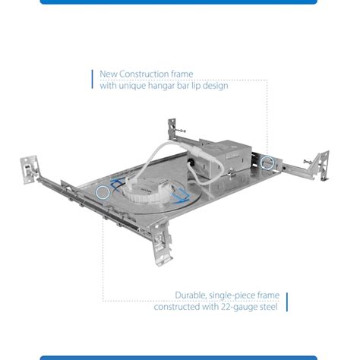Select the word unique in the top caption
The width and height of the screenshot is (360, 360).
click(x=131, y=86)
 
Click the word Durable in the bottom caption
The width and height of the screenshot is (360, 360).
click(x=191, y=295)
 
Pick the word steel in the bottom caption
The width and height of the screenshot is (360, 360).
click(x=269, y=307)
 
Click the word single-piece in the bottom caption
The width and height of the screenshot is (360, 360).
click(x=232, y=295)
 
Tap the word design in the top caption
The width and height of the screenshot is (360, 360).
click(x=216, y=86)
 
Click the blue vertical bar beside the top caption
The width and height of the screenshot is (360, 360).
click(x=92, y=79)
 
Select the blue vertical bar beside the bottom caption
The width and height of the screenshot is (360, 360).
click(x=287, y=302)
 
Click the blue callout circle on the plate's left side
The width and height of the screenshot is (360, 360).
click(x=103, y=192)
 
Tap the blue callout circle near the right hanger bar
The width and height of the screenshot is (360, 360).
click(x=267, y=163)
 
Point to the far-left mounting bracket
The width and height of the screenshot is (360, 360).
click(x=30, y=169)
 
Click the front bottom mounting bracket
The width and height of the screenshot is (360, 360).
click(x=161, y=242)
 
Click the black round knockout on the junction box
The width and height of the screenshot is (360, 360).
click(x=191, y=161)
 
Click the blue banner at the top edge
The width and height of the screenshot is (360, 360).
click(x=178, y=2)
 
